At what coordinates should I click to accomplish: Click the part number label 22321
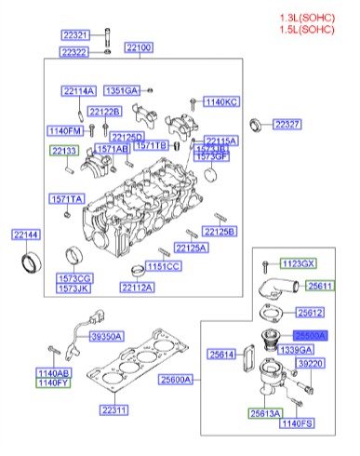coord(74,35)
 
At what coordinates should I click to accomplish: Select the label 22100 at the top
coord(140,47)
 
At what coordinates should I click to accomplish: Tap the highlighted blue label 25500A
coord(310,334)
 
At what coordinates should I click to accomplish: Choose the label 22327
coord(287,123)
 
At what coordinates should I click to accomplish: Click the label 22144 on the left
coord(26,235)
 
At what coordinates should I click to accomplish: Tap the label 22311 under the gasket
coord(115,409)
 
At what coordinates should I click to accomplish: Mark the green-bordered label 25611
coord(322,287)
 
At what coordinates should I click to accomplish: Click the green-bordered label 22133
coord(64,151)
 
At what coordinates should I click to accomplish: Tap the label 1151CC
coord(164,266)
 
